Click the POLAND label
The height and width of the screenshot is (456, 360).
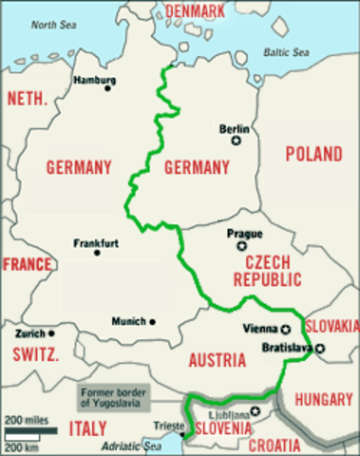[313, 153]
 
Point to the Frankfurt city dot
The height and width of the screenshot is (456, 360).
[98, 252]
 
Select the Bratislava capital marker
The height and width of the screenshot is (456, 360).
[320, 349]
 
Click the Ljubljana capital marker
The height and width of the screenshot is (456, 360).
[254, 411]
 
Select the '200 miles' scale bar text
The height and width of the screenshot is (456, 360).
[25, 419]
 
